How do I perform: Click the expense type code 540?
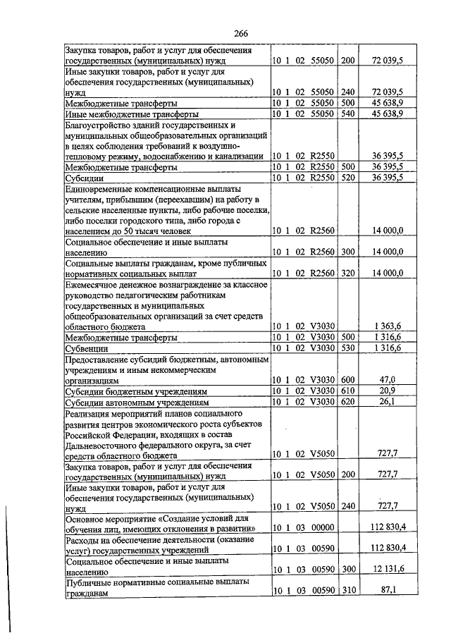tap(348, 113)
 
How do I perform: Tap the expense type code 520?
tap(348, 178)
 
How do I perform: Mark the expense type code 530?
tap(348, 348)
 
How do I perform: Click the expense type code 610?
tap(348, 391)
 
